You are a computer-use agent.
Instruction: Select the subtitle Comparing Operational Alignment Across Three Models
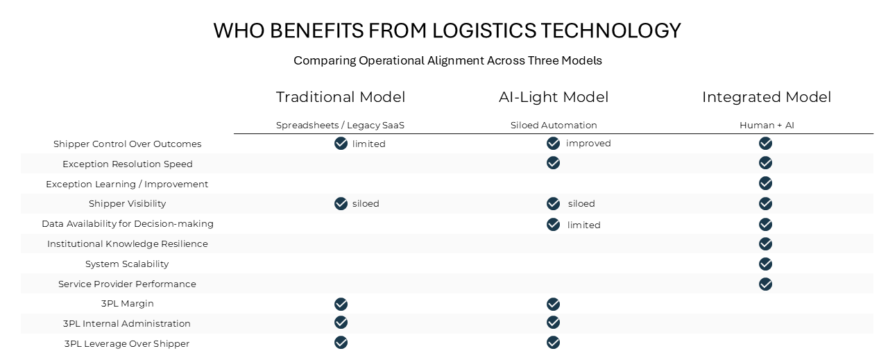coord(447,60)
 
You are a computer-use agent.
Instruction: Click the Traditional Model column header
coord(340,97)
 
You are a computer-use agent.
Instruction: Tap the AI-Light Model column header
coord(554,97)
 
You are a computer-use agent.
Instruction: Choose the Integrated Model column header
coord(766,97)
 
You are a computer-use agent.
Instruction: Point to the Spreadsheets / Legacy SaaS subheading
coord(340,126)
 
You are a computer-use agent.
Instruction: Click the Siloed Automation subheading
coord(554,126)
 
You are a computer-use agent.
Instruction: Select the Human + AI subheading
coord(766,126)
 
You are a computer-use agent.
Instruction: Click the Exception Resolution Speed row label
coord(128,164)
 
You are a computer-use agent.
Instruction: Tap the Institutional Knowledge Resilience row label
coord(128,244)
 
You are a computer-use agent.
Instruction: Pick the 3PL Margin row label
coord(128,304)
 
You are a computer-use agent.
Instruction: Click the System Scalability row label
coord(127,264)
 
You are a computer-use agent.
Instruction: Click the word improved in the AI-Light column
coord(588,144)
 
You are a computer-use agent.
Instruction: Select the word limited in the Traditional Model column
coord(368,144)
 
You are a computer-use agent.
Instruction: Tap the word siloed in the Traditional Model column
coord(366,204)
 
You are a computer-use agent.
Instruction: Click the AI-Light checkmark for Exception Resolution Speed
coord(553,163)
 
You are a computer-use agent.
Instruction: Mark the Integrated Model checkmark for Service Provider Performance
coord(765,284)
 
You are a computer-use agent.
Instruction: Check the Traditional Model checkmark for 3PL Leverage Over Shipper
coord(341,343)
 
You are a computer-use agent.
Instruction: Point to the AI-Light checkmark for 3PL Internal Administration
coord(553,323)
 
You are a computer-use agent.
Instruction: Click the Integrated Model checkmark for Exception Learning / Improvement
coord(765,183)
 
